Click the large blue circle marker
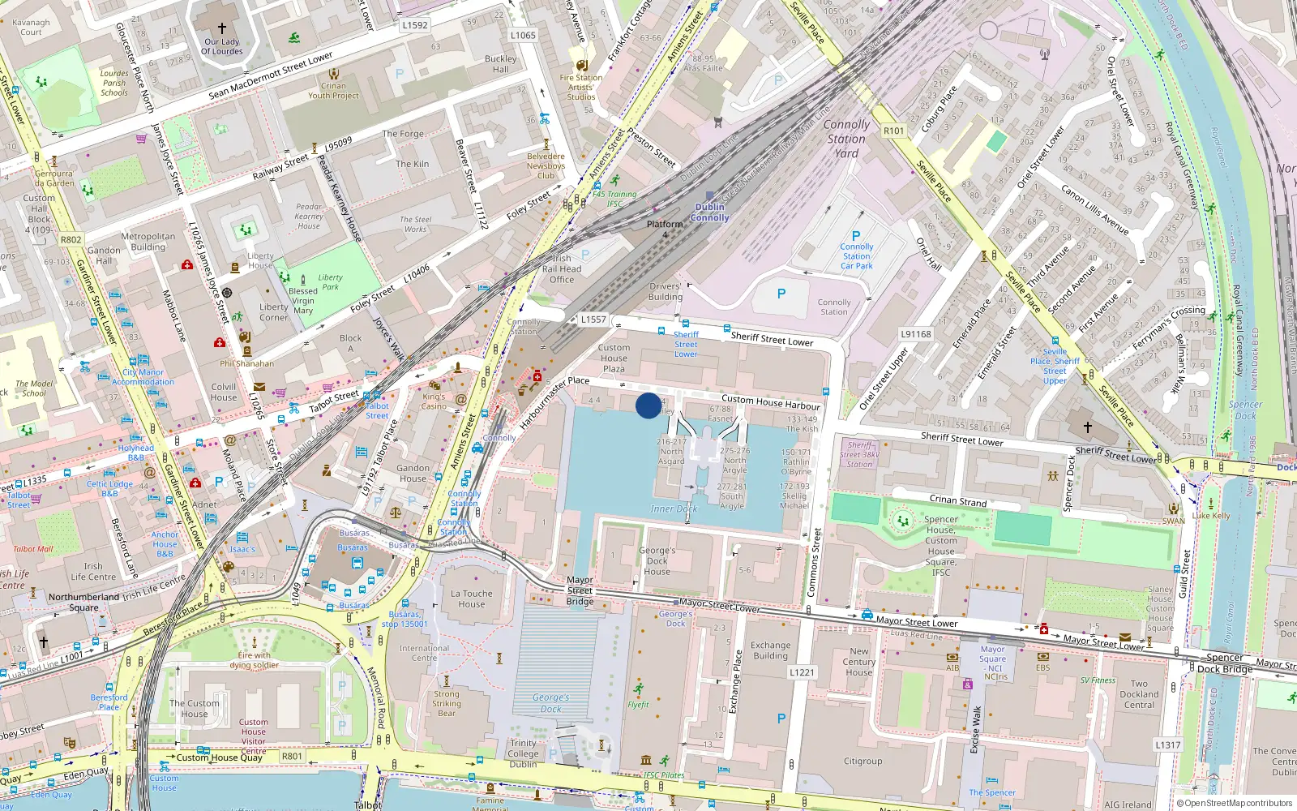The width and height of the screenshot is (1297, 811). pyautogui.click(x=648, y=405)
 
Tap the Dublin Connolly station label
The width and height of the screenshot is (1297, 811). pyautogui.click(x=710, y=212)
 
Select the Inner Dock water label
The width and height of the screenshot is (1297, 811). pyautogui.click(x=674, y=508)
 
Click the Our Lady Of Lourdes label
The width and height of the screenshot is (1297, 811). pyautogui.click(x=222, y=46)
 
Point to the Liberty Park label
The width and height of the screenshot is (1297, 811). pyautogui.click(x=330, y=281)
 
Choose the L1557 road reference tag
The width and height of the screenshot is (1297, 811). pyautogui.click(x=593, y=320)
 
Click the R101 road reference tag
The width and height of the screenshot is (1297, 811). pyautogui.click(x=893, y=131)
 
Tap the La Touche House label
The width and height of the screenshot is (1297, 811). pyautogui.click(x=472, y=599)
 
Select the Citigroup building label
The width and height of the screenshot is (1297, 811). pyautogui.click(x=863, y=761)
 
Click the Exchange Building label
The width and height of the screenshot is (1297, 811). pyautogui.click(x=770, y=650)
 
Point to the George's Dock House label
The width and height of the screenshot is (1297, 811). pyautogui.click(x=657, y=560)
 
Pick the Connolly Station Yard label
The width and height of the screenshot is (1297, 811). pyautogui.click(x=846, y=139)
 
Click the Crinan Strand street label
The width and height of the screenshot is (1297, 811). pyautogui.click(x=958, y=500)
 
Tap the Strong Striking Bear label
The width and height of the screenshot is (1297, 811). pyautogui.click(x=446, y=703)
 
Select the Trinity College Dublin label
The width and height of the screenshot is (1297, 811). pyautogui.click(x=523, y=753)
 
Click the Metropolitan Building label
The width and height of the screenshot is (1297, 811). pyautogui.click(x=148, y=242)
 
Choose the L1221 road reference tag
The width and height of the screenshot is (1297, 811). pyautogui.click(x=802, y=672)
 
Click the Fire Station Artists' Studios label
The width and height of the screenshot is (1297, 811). pyautogui.click(x=581, y=88)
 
